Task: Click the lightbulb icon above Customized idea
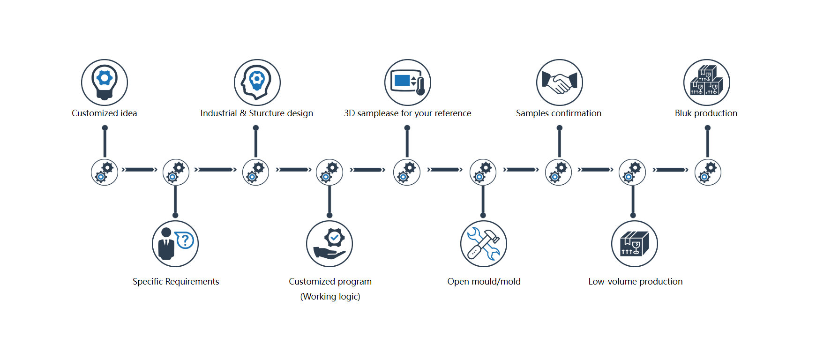(x=105, y=82)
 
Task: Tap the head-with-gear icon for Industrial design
(x=257, y=82)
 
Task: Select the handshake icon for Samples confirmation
(x=559, y=82)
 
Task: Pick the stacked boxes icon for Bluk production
(x=706, y=82)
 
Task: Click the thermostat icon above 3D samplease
(x=407, y=82)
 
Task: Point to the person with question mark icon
(x=175, y=244)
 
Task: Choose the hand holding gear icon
(x=329, y=244)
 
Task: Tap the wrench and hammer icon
(x=483, y=244)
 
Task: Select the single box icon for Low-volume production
(x=634, y=244)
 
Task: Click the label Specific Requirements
(x=176, y=282)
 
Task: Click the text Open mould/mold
(x=484, y=282)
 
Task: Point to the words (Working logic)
(x=330, y=297)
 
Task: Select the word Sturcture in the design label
(x=267, y=113)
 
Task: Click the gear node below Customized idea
(x=105, y=172)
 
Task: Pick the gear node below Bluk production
(x=707, y=172)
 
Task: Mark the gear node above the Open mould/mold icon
(x=483, y=172)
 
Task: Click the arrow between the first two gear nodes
(x=140, y=170)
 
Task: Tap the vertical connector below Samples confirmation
(x=559, y=142)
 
